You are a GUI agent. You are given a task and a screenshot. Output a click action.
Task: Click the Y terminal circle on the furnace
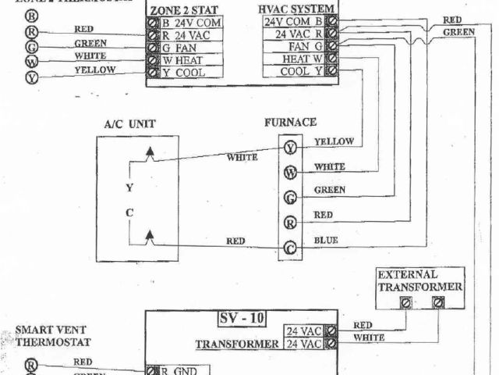coord(290,147)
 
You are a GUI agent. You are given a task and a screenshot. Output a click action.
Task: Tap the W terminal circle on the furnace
coord(290,172)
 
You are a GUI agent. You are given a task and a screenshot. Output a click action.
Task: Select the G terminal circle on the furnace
coord(290,197)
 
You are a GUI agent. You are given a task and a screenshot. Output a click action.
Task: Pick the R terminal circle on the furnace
coord(290,222)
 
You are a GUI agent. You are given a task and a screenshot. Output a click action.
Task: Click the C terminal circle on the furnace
coord(290,248)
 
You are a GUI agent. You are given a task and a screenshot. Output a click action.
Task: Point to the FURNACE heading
coord(290,123)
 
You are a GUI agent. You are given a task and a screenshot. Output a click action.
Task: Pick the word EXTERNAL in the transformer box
coord(408,275)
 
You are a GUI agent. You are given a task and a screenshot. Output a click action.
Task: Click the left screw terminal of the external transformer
coord(405,302)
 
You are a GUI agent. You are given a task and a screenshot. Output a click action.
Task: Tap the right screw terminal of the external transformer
coord(438,302)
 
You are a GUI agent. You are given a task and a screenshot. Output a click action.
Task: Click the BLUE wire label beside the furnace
coord(326,241)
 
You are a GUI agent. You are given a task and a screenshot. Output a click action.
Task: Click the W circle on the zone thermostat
coord(31,61)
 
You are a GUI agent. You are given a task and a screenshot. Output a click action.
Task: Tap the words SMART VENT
coord(44,330)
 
